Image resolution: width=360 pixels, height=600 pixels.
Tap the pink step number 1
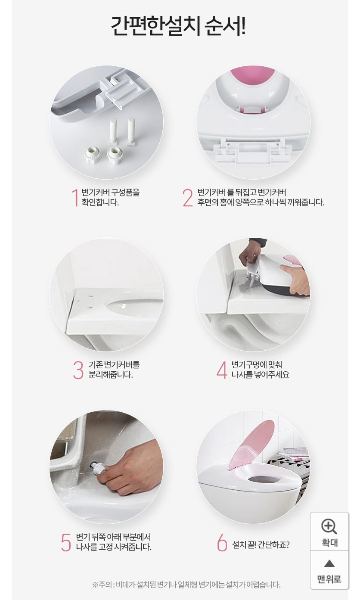coord(75,198)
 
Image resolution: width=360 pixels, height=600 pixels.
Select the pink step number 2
coord(188,198)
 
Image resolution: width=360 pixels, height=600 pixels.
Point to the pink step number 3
coord(78,370)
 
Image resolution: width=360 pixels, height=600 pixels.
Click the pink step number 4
coord(222,370)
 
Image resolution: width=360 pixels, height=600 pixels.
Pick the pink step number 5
coord(66,542)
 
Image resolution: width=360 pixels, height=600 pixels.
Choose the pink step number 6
coord(222,542)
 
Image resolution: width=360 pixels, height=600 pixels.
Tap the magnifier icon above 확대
coord(329,527)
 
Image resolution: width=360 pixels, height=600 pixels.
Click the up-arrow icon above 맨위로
coord(329,563)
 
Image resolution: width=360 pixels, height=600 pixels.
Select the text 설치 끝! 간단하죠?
coord(261,545)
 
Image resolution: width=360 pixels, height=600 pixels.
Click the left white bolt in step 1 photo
coord(113,132)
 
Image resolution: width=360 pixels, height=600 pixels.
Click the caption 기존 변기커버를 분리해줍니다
coord(114,370)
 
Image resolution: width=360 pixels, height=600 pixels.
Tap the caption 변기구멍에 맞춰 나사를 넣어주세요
coord(260,370)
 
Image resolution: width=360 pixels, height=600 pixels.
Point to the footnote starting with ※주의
coord(186,584)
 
